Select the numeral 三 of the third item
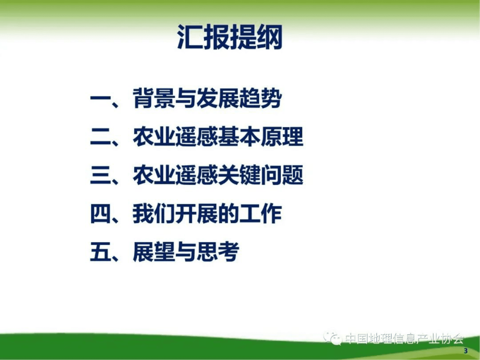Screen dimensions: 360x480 point(100,175)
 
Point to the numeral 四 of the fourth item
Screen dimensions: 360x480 point(100,214)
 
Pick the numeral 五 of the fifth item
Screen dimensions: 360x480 point(100,252)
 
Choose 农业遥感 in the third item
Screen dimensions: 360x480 point(175,175)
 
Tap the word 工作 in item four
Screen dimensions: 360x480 point(260,214)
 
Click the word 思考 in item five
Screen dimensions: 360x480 point(218,252)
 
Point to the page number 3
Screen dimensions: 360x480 point(465,351)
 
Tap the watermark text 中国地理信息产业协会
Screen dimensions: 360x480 point(404,339)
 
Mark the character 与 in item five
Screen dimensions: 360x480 point(186,252)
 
